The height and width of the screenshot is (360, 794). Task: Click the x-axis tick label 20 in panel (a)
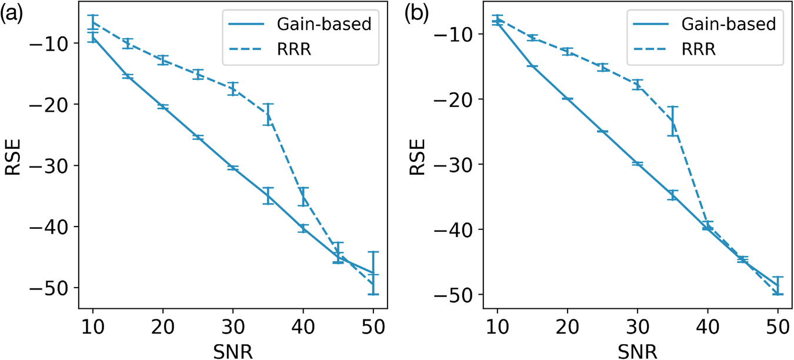(x=162, y=325)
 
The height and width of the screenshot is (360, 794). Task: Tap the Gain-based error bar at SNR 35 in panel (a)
(x=268, y=196)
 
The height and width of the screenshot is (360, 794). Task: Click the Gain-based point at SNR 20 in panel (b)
(x=568, y=98)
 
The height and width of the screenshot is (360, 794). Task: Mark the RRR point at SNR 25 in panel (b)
(x=603, y=67)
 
